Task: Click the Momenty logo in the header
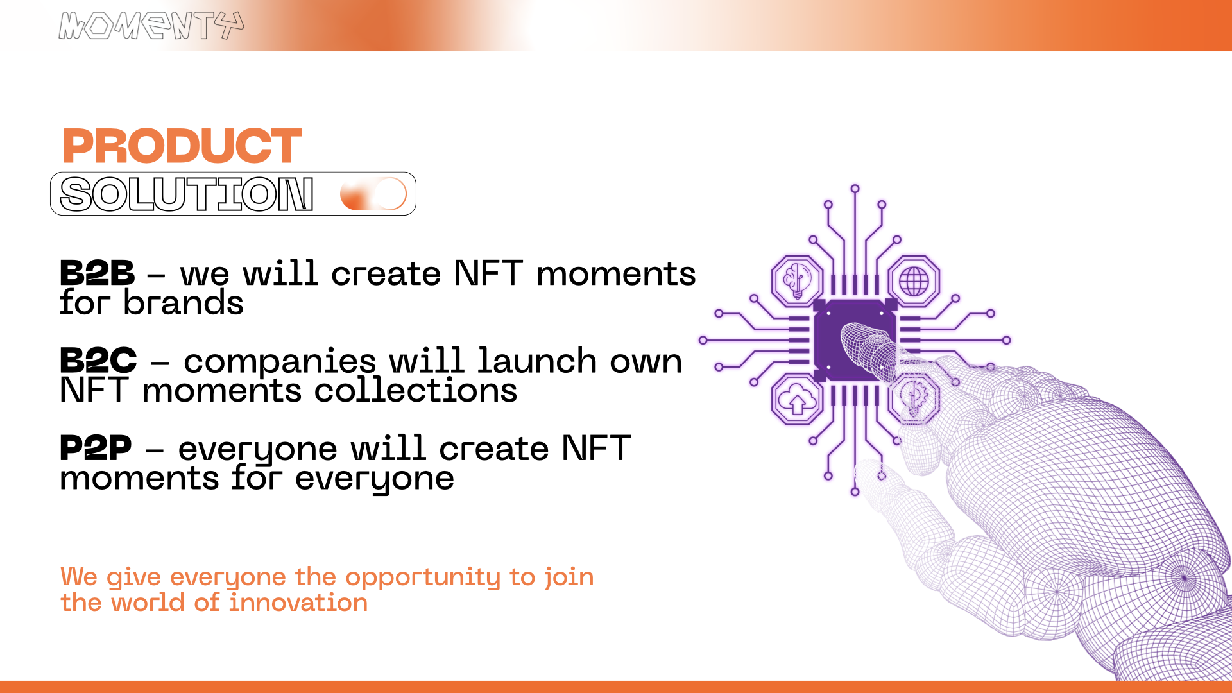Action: (x=151, y=26)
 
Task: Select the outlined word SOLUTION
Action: (x=187, y=194)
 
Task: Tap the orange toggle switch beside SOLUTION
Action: (x=373, y=194)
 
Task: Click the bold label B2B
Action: (x=97, y=273)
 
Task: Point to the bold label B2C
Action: (x=98, y=360)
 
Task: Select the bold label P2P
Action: (x=96, y=447)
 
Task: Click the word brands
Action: (x=184, y=302)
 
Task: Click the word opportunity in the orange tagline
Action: (x=423, y=578)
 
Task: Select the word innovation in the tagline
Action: (x=298, y=603)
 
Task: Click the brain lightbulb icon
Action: (x=797, y=280)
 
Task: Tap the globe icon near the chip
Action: (x=914, y=280)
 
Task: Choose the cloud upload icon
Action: (x=797, y=399)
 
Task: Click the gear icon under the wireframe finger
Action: (x=914, y=399)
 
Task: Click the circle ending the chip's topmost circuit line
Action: (x=855, y=189)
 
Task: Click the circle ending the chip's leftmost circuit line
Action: (x=703, y=340)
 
